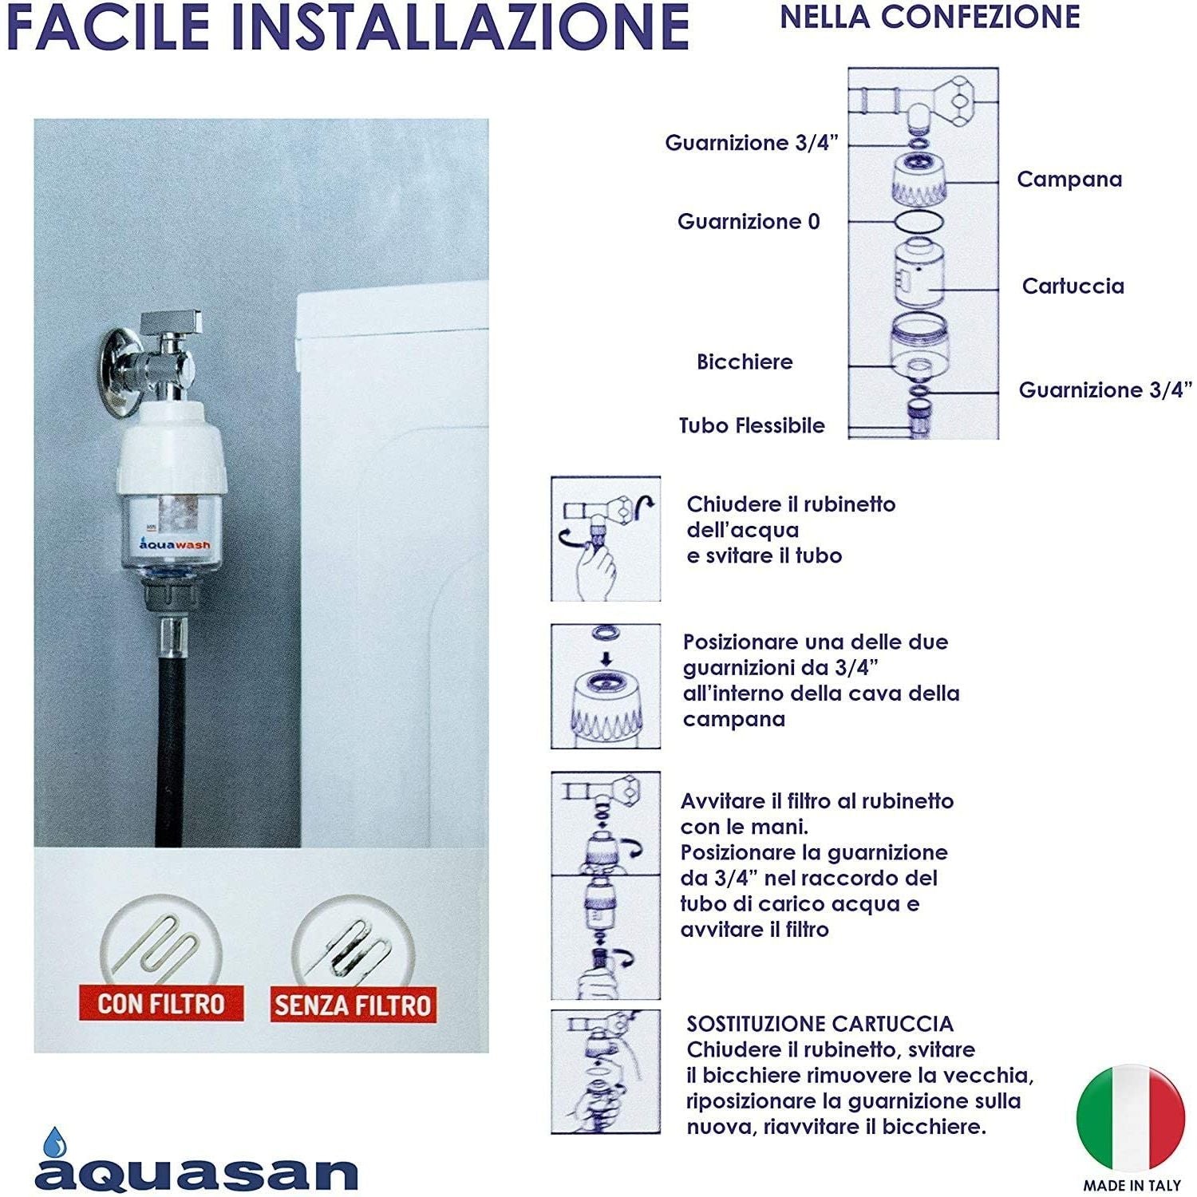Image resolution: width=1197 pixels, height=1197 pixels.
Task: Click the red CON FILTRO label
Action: point(160,1003)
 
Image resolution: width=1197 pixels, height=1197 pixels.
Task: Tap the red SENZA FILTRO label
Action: point(352,1005)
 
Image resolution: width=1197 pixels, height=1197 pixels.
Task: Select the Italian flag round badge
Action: point(1130,1118)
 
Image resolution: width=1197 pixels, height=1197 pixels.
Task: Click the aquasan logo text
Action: point(196,1174)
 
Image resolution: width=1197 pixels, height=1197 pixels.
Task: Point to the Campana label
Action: point(1069,180)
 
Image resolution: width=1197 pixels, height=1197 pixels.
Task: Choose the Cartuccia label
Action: point(1073,286)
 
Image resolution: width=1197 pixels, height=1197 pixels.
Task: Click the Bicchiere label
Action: point(745,362)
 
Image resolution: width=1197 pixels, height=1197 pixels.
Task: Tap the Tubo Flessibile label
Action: point(751,426)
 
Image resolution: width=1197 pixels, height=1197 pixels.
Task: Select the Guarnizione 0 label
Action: point(748,222)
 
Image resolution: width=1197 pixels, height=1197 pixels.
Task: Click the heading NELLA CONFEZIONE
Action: point(930,18)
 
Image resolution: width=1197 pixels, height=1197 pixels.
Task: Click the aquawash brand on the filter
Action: point(175,544)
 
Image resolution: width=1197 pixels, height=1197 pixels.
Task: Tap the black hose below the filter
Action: point(169,750)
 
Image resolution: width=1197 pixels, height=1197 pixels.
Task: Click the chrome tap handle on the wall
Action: point(171,322)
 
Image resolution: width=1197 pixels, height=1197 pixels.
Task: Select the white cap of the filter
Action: point(172,447)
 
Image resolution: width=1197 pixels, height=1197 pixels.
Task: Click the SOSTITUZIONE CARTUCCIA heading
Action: point(820,1024)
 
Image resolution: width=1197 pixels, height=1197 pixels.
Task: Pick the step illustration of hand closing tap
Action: point(606,539)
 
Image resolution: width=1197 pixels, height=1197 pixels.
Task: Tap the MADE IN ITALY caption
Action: point(1132,1186)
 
